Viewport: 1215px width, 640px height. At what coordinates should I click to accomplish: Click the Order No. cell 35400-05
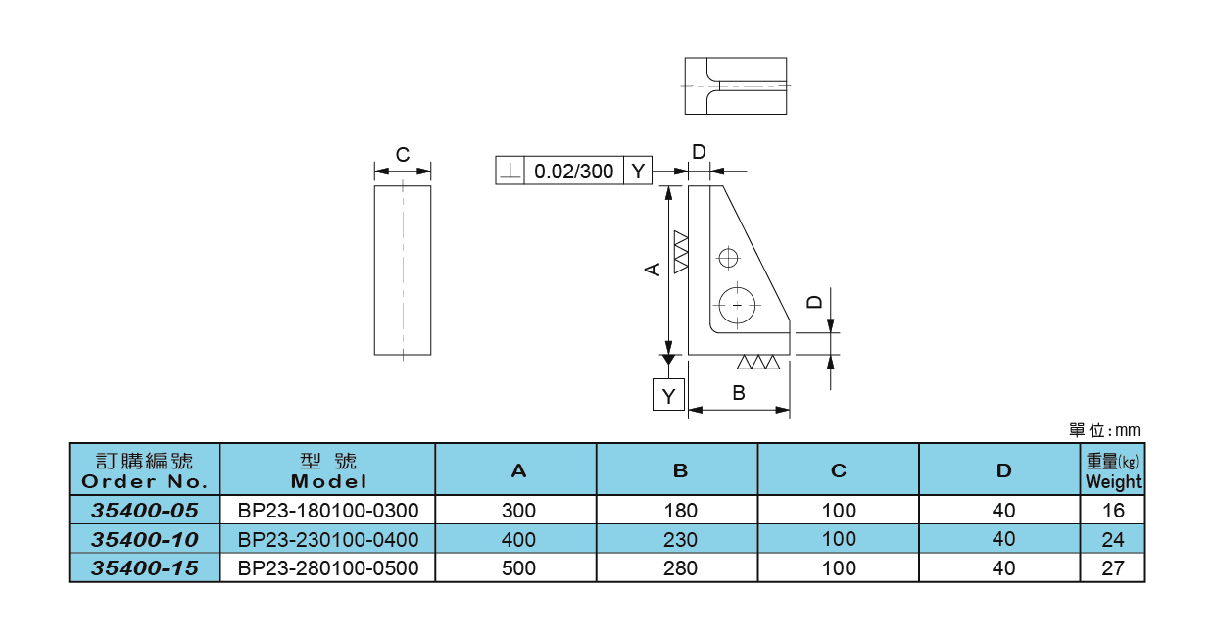(144, 510)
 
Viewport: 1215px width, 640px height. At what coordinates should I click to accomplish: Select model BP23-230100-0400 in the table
(327, 539)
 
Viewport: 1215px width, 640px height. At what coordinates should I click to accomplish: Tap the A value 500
(518, 568)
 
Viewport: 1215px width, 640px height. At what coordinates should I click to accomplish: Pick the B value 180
(680, 511)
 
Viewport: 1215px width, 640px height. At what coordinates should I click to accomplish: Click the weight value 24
(1113, 539)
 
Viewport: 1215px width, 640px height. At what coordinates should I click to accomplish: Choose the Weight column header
(1113, 470)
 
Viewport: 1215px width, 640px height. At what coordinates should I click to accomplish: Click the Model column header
(328, 470)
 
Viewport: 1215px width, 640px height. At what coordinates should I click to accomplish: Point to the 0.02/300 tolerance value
(573, 172)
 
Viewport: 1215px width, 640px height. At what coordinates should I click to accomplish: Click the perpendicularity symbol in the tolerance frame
(510, 172)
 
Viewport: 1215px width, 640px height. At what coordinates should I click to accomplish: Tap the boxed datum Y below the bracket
(669, 396)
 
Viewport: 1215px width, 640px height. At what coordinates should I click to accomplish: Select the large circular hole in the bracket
(736, 305)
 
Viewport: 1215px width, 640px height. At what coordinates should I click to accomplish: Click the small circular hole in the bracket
(727, 258)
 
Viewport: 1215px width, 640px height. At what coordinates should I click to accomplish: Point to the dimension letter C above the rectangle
(402, 155)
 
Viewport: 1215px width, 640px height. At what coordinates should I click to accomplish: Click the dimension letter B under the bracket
(740, 394)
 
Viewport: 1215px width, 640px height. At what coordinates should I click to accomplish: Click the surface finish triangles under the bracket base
(758, 363)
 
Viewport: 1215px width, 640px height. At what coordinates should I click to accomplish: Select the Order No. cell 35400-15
(144, 568)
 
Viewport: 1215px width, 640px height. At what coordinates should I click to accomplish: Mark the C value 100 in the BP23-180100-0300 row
(839, 511)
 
